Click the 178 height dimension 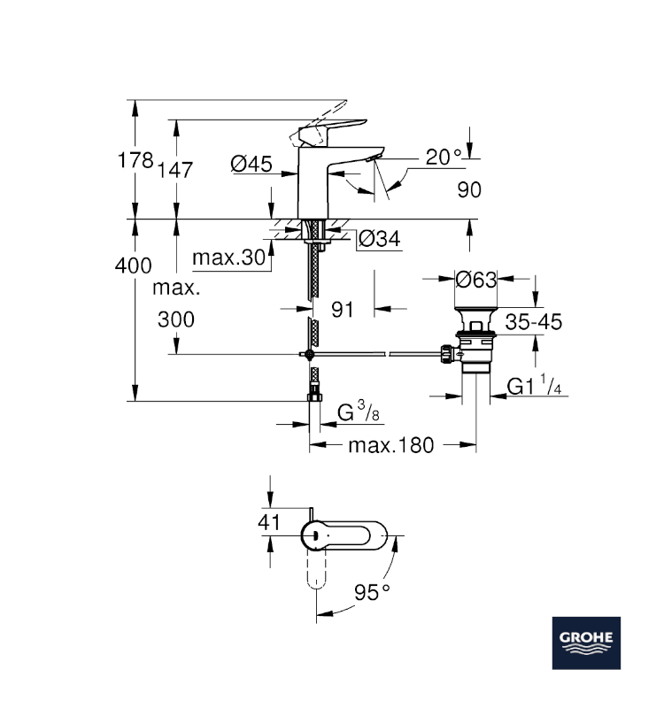pos(136,161)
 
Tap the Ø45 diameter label pos(251,163)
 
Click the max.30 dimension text pos(229,258)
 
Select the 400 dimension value pos(134,265)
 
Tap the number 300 pos(176,319)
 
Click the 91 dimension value pos(343,309)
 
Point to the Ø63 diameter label pos(475,281)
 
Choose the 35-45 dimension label pos(534,321)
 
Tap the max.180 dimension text pos(390,445)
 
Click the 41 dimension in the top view pos(268,522)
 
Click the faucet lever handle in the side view pos(332,128)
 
